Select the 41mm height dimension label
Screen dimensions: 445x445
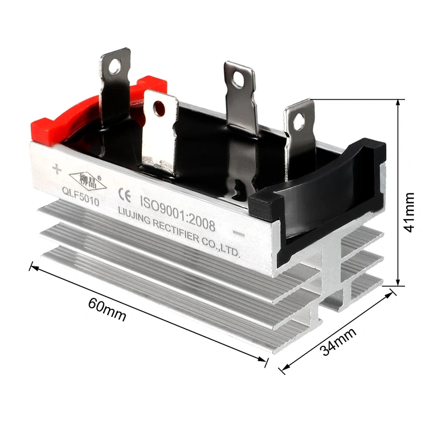[410, 211]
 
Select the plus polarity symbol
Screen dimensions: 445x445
[56, 169]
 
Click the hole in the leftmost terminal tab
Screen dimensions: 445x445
[115, 67]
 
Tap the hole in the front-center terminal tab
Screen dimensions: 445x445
[159, 108]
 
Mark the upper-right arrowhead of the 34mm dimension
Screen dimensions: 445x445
[391, 294]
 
